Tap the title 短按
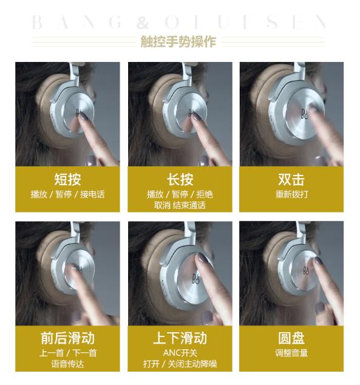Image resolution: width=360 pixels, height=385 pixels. click(67, 179)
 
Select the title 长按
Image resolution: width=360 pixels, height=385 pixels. click(180, 179)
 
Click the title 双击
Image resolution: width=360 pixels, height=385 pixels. click(291, 179)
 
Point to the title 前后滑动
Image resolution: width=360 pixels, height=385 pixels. click(67, 338)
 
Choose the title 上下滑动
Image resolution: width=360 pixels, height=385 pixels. click(180, 338)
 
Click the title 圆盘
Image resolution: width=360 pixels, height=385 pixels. click(291, 338)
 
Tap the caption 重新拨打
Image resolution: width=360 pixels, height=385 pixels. click(291, 194)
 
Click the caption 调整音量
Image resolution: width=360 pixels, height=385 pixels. click(291, 353)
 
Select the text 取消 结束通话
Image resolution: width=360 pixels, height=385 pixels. click(180, 205)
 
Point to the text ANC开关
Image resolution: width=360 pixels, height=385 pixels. click(180, 353)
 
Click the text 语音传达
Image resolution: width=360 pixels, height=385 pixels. click(67, 364)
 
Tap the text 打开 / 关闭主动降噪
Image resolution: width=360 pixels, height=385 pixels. click(180, 364)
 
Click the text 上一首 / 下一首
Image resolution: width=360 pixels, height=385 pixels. click(67, 353)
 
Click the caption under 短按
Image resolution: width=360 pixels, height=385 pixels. click(67, 194)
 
